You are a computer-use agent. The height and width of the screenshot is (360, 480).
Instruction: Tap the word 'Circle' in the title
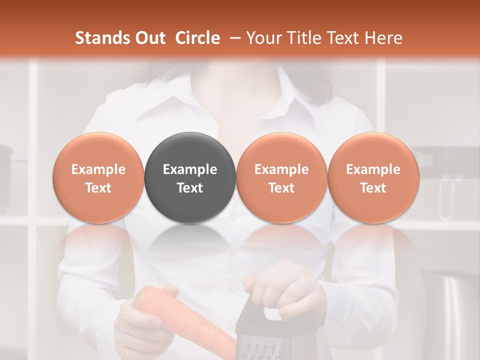197,38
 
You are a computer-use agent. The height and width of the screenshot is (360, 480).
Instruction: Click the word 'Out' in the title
149,38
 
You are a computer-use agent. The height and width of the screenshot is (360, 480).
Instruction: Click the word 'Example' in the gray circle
190,169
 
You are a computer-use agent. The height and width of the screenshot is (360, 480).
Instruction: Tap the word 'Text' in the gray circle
190,188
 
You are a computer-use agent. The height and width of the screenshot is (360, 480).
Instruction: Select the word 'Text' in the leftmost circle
98,188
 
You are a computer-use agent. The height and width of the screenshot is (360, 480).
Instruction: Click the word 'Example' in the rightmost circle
373,169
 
